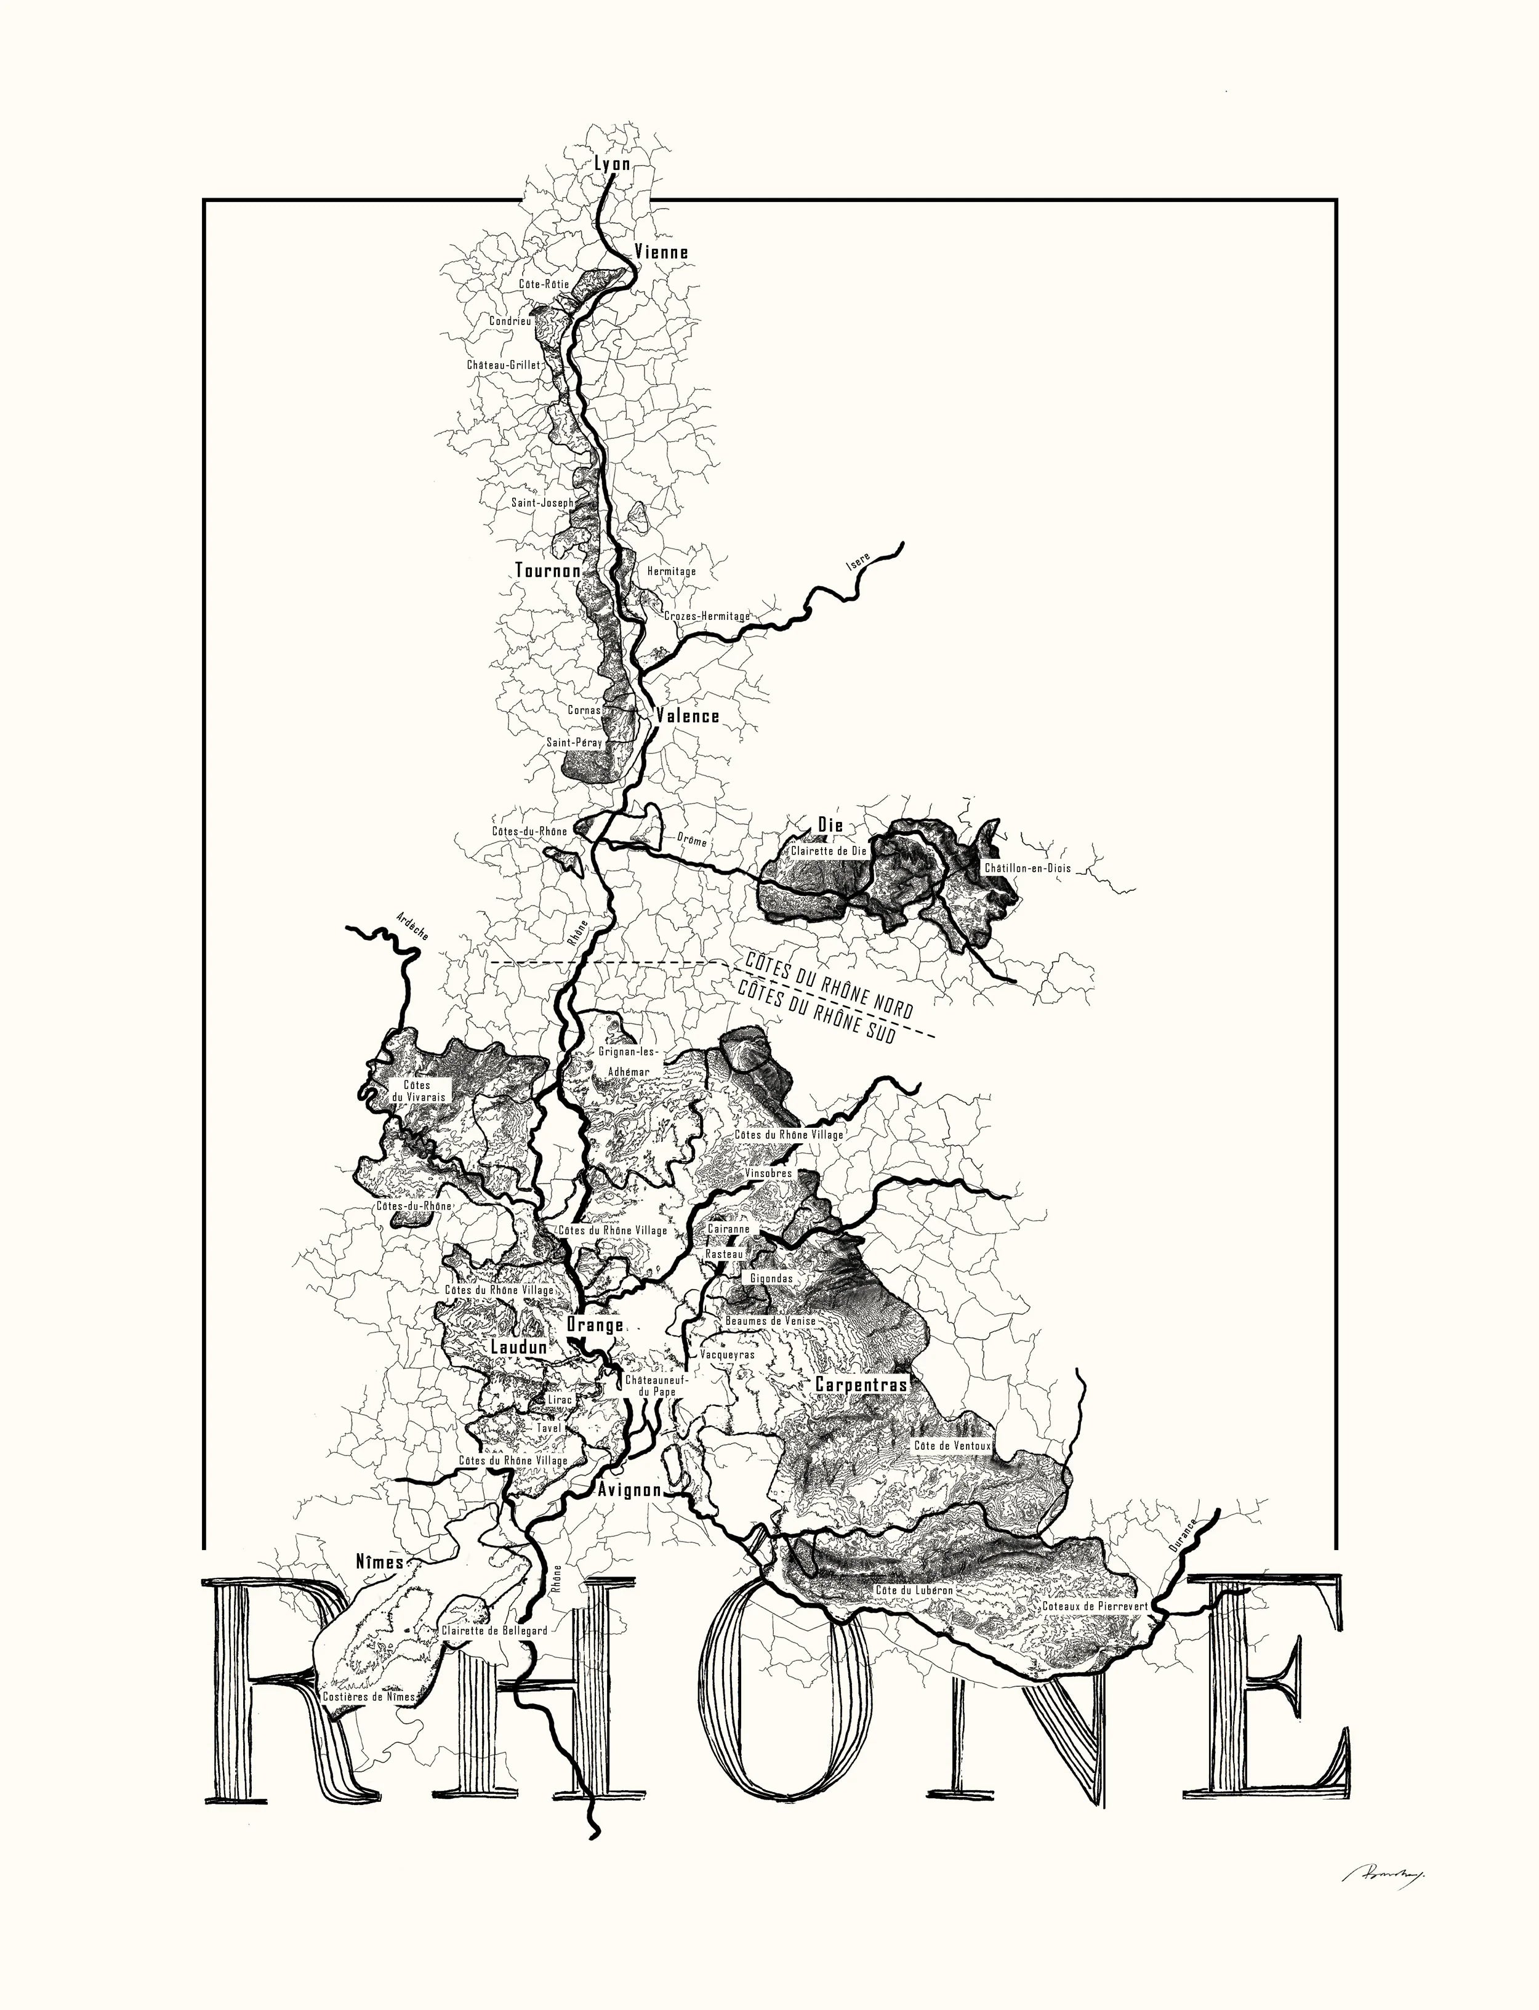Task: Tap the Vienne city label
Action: (661, 252)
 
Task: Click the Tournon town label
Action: (548, 570)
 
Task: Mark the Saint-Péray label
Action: (574, 742)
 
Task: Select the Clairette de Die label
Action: (828, 850)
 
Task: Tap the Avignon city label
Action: (629, 1490)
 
